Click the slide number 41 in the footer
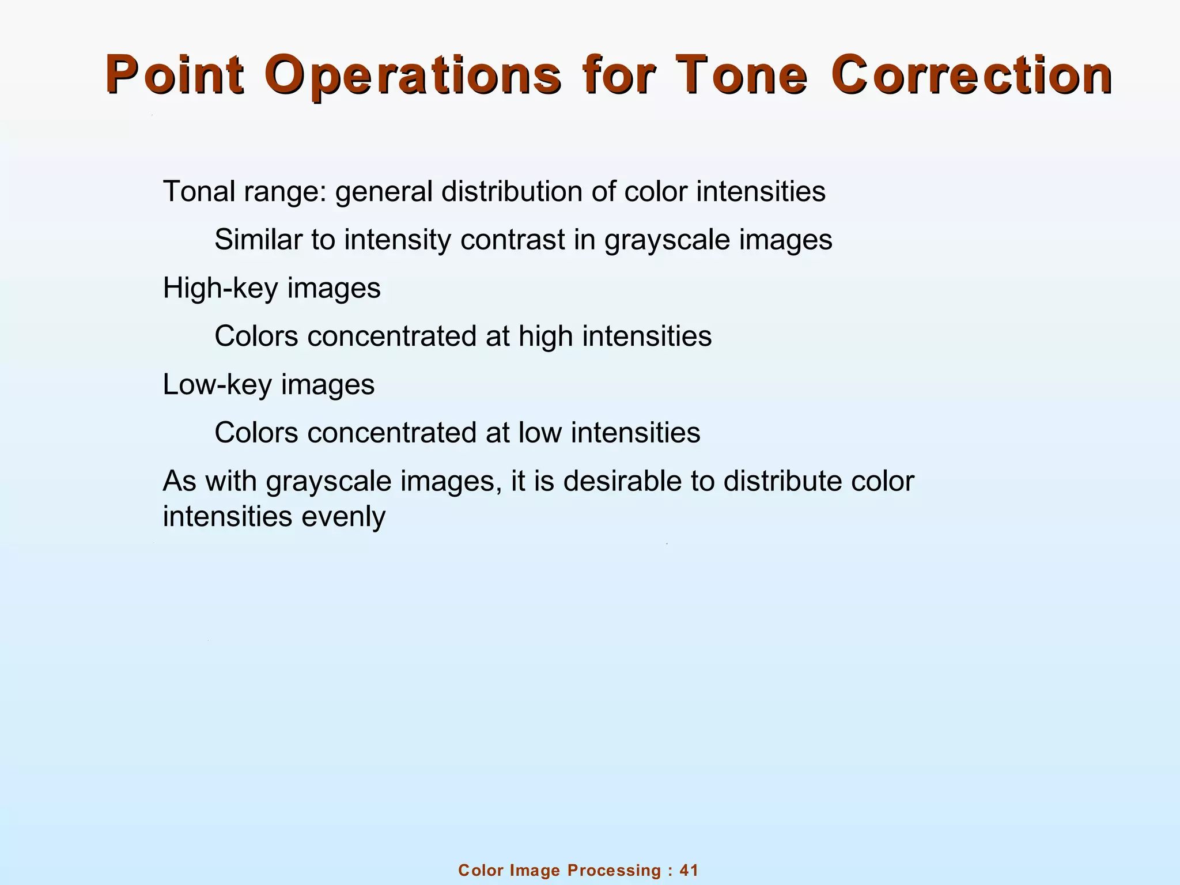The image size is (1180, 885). point(689,870)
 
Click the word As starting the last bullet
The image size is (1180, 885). point(179,481)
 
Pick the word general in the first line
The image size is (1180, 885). point(383,191)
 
